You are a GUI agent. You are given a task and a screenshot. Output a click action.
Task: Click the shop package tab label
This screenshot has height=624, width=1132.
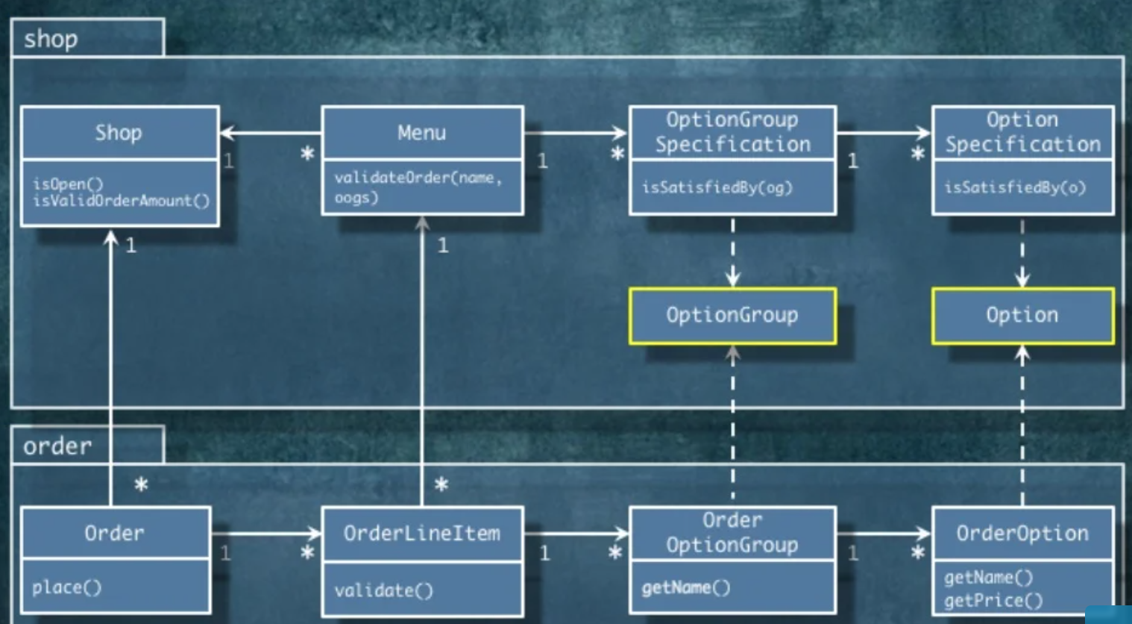pyautogui.click(x=51, y=39)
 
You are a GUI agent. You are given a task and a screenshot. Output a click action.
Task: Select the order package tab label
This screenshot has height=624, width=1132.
pyautogui.click(x=57, y=446)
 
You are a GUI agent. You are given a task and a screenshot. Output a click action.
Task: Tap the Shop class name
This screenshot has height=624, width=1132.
pyautogui.click(x=119, y=133)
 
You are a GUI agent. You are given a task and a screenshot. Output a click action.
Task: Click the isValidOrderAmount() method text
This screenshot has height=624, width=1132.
pyautogui.click(x=122, y=201)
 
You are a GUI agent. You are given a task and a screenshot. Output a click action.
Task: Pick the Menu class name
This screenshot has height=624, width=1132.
pyautogui.click(x=421, y=133)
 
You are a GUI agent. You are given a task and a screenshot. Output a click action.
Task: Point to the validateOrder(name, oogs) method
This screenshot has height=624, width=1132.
pyautogui.click(x=418, y=187)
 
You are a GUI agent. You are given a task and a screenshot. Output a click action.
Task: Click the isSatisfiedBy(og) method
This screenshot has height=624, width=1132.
pyautogui.click(x=717, y=187)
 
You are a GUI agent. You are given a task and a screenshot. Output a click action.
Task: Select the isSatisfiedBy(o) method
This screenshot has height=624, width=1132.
pyautogui.click(x=1015, y=187)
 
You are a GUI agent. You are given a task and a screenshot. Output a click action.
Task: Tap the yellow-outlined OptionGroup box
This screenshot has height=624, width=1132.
pyautogui.click(x=732, y=316)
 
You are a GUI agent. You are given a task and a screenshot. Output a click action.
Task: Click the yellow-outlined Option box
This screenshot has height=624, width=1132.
pyautogui.click(x=1022, y=316)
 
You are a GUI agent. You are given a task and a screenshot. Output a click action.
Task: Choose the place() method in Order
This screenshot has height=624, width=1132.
pyautogui.click(x=66, y=587)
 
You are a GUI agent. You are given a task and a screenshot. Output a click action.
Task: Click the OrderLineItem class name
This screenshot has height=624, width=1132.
pyautogui.click(x=421, y=533)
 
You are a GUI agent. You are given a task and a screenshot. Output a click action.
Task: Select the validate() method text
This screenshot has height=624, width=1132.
pyautogui.click(x=383, y=590)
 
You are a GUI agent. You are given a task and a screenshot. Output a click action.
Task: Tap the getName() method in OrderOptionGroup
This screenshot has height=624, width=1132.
pyautogui.click(x=685, y=587)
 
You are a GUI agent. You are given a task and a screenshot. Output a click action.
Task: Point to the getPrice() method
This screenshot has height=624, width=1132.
pyautogui.click(x=993, y=600)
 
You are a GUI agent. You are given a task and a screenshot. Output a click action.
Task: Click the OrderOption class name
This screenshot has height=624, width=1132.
pyautogui.click(x=1022, y=533)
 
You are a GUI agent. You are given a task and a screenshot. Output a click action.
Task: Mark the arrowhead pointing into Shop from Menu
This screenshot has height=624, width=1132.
pyautogui.click(x=227, y=134)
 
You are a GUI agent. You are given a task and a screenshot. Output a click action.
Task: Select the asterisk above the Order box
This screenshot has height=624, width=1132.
pyautogui.click(x=141, y=485)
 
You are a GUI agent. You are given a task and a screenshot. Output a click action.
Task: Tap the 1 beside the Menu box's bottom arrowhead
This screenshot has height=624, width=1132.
pyautogui.click(x=443, y=246)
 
